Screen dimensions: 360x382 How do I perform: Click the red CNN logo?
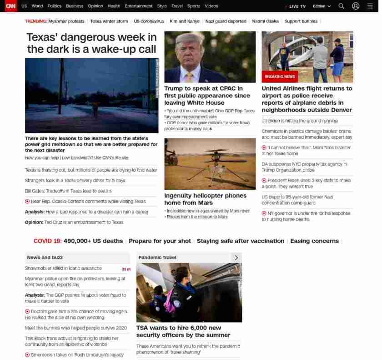click(10, 6)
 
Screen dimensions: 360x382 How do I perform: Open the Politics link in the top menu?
click(54, 6)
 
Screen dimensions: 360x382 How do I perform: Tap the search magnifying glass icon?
click(341, 6)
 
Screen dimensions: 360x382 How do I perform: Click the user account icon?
click(356, 6)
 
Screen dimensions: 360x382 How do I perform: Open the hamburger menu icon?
click(370, 6)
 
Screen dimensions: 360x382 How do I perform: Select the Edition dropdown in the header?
click(322, 6)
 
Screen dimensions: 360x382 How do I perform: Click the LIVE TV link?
click(296, 6)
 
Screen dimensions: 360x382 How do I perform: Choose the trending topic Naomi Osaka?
click(265, 21)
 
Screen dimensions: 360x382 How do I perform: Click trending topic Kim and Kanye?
click(185, 21)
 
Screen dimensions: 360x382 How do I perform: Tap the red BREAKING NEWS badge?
click(280, 76)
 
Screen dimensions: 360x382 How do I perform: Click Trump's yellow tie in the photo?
click(189, 75)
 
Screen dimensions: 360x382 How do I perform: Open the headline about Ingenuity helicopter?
click(205, 199)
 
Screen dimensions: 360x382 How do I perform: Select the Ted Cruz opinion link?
click(74, 223)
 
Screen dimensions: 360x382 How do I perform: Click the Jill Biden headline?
click(299, 121)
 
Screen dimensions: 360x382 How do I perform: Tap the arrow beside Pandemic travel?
click(236, 258)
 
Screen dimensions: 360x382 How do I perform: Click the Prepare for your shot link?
click(159, 241)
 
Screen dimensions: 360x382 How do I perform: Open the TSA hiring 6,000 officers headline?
click(183, 331)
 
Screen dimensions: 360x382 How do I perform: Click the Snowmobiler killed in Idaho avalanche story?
click(63, 269)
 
